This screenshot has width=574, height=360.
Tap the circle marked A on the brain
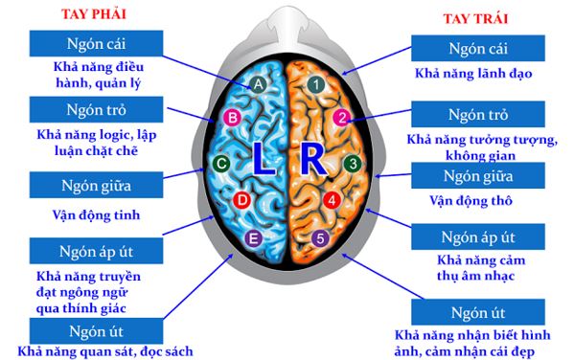coord(257,84)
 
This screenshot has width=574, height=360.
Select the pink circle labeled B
coord(231,119)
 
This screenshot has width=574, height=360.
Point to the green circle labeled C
coord(221,164)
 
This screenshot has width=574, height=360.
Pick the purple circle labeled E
coord(254,238)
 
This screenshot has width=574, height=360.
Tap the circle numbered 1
coord(315,84)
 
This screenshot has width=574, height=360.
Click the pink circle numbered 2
coord(341,119)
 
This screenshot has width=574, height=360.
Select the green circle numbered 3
coord(353,164)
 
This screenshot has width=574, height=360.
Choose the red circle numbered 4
coord(332,200)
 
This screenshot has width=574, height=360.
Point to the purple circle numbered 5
coord(320,238)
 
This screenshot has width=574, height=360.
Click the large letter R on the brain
coord(311,161)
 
